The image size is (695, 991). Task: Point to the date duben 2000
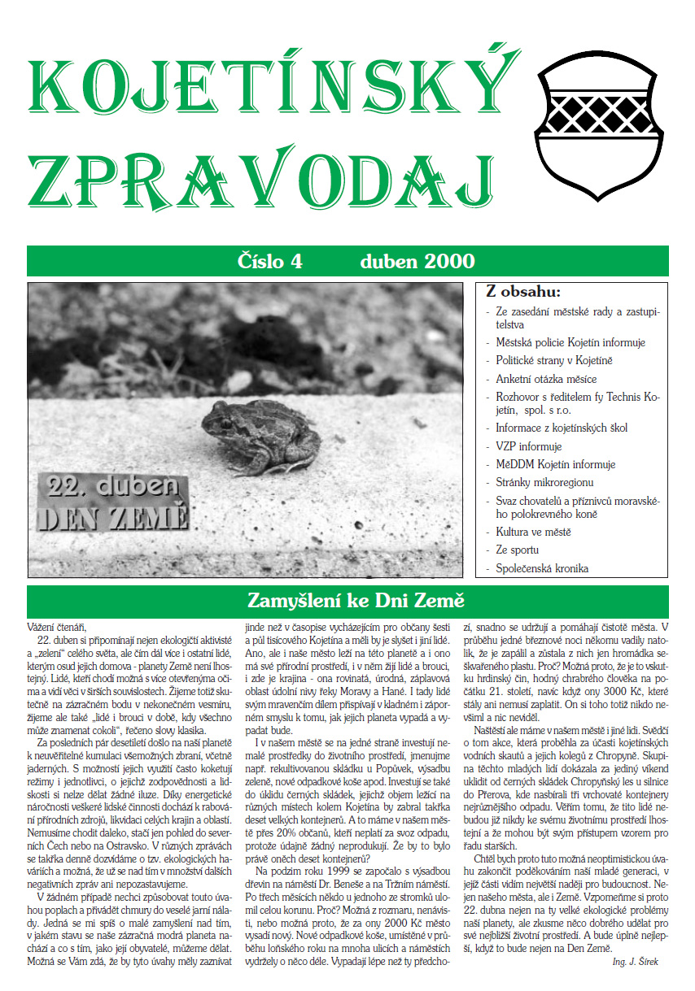[417, 262]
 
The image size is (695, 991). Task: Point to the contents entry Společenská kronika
[542, 569]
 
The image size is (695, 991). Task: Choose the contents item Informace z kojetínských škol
[562, 428]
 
